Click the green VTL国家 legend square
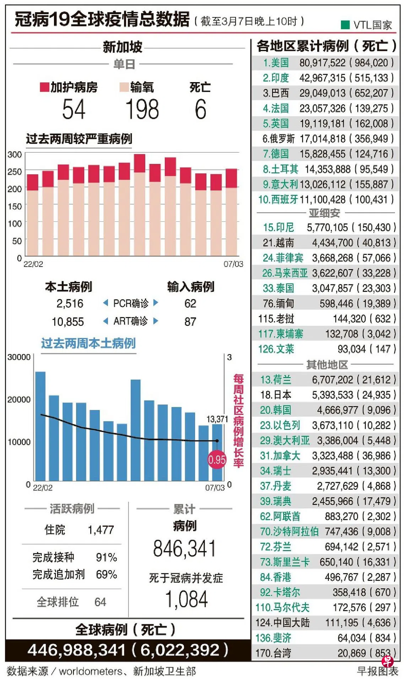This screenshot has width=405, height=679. click(x=345, y=25)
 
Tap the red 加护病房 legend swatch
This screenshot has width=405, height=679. click(x=44, y=87)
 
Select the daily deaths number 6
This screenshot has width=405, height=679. click(x=200, y=109)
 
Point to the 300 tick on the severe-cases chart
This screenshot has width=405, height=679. click(x=15, y=155)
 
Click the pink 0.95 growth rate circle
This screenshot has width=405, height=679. click(x=217, y=460)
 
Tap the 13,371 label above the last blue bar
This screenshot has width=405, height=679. click(x=217, y=419)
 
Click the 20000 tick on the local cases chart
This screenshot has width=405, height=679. click(x=19, y=400)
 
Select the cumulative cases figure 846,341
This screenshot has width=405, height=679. click(x=184, y=548)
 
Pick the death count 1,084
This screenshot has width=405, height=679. click(x=186, y=599)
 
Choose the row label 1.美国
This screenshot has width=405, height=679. click(x=276, y=63)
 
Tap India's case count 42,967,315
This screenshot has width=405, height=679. click(x=322, y=78)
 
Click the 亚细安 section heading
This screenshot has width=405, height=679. click(x=324, y=213)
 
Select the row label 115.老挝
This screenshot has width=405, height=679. click(x=276, y=319)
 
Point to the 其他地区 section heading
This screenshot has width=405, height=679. click(x=327, y=364)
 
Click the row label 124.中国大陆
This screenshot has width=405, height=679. click(x=282, y=622)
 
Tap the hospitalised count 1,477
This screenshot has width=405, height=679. click(x=101, y=530)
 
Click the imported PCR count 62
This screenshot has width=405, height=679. click(x=190, y=303)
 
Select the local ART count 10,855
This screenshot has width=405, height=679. click(x=68, y=322)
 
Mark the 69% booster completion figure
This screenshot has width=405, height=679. click(x=106, y=574)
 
